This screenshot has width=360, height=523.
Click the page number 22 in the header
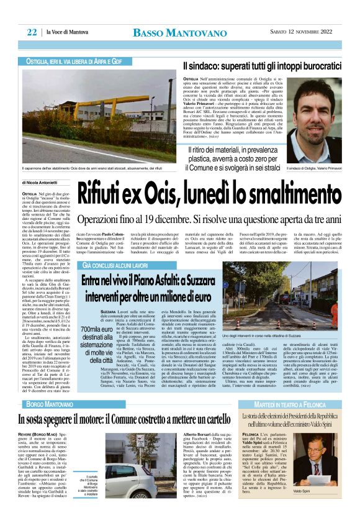30,32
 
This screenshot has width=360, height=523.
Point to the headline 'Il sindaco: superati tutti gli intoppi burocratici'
261,65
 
